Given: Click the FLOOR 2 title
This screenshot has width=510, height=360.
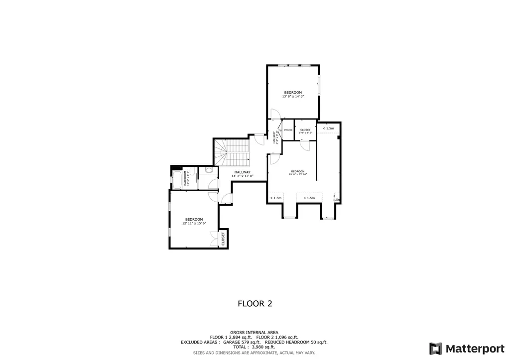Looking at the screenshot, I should [255, 303].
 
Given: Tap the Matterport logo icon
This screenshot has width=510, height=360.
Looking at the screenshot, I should [435, 348].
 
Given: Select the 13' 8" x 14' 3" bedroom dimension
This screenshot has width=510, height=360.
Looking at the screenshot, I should [293, 97].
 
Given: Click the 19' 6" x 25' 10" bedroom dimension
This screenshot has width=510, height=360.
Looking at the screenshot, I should [298, 174].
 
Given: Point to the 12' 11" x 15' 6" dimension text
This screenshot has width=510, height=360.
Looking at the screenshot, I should [194, 224].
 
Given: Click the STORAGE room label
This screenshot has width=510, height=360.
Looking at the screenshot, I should [288, 130].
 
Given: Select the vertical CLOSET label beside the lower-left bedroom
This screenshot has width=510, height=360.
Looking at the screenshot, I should [223, 239].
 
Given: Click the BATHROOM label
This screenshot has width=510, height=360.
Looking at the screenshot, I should [186, 178].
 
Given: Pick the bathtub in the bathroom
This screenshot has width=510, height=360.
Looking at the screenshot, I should [177, 179].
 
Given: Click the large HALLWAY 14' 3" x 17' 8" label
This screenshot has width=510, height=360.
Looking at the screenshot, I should [243, 174].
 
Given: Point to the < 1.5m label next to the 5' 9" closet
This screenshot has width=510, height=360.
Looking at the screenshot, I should [328, 128].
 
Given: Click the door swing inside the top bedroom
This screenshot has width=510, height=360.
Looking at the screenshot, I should [274, 114].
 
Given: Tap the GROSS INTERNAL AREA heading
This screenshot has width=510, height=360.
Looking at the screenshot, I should [254, 332].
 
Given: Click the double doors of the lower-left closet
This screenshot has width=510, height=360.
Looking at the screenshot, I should [215, 239].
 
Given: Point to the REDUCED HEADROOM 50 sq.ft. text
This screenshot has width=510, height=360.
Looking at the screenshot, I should [296, 342].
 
